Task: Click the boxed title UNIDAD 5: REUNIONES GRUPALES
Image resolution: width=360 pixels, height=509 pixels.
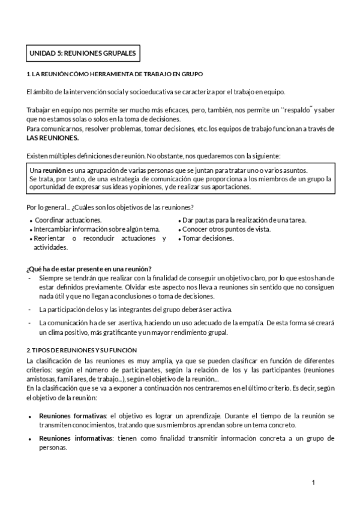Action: click(x=83, y=53)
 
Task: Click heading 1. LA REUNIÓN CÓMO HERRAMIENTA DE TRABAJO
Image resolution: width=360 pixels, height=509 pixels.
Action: click(x=115, y=74)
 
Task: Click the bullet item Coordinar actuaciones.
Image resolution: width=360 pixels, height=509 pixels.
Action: click(x=68, y=220)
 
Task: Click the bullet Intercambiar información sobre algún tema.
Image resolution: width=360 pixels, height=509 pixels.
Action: click(x=97, y=229)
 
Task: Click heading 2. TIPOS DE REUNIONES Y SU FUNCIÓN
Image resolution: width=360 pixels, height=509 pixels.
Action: click(x=82, y=350)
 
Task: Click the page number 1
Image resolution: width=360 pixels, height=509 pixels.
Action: click(x=313, y=483)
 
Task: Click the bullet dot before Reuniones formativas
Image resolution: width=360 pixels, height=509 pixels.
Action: click(x=30, y=416)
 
